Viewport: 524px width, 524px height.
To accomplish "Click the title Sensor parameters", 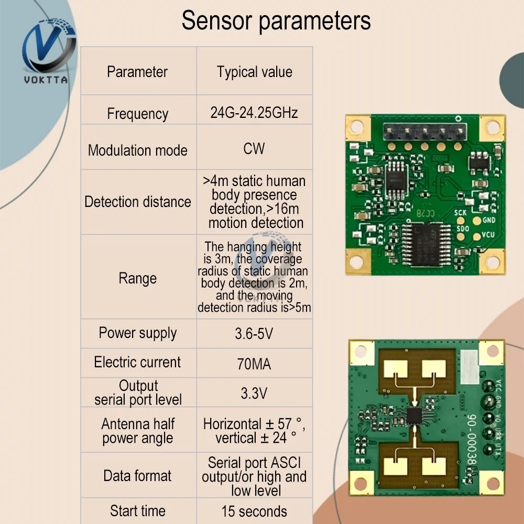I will (x=276, y=21).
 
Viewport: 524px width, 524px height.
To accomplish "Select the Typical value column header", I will (x=255, y=72).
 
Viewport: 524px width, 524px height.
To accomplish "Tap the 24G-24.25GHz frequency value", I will (x=254, y=113).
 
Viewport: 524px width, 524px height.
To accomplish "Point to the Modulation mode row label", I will (x=137, y=150).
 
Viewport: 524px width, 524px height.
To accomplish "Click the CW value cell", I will (x=254, y=149).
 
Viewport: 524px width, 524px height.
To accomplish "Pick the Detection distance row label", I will (x=138, y=202).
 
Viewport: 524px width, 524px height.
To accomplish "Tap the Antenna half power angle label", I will (x=138, y=431).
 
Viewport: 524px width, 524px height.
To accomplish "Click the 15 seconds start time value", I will (x=254, y=511).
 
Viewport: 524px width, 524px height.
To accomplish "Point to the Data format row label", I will (x=137, y=476).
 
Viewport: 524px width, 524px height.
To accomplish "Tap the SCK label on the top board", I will (x=460, y=213).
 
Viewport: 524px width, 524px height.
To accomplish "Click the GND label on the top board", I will (x=489, y=220).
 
